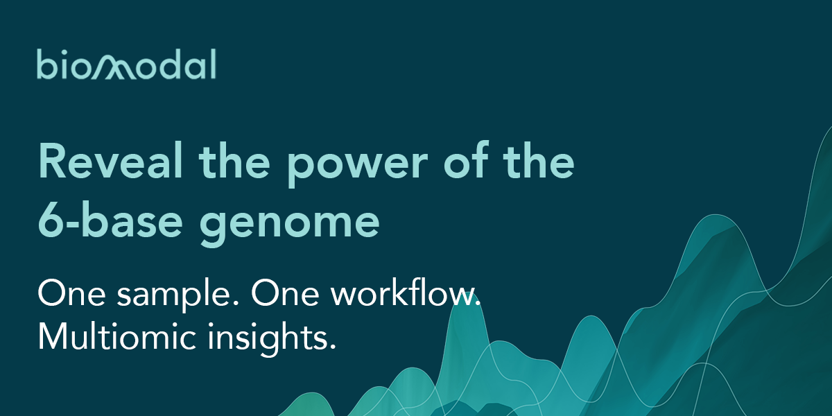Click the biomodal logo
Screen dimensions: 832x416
coord(126,64)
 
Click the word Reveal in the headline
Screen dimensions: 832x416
coord(111,161)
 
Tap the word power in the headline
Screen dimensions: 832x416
coord(358,166)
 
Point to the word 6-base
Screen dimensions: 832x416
coord(111,220)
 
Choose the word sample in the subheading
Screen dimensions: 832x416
coord(178,294)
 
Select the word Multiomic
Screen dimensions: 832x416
coord(117,336)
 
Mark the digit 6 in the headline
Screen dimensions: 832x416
coord(49,220)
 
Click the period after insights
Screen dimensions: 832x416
coord(332,347)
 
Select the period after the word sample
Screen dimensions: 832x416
coord(236,303)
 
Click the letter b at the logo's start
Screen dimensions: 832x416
coord(46,64)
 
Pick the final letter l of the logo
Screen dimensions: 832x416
coord(214,64)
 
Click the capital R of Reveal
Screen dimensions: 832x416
coord(53,162)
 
